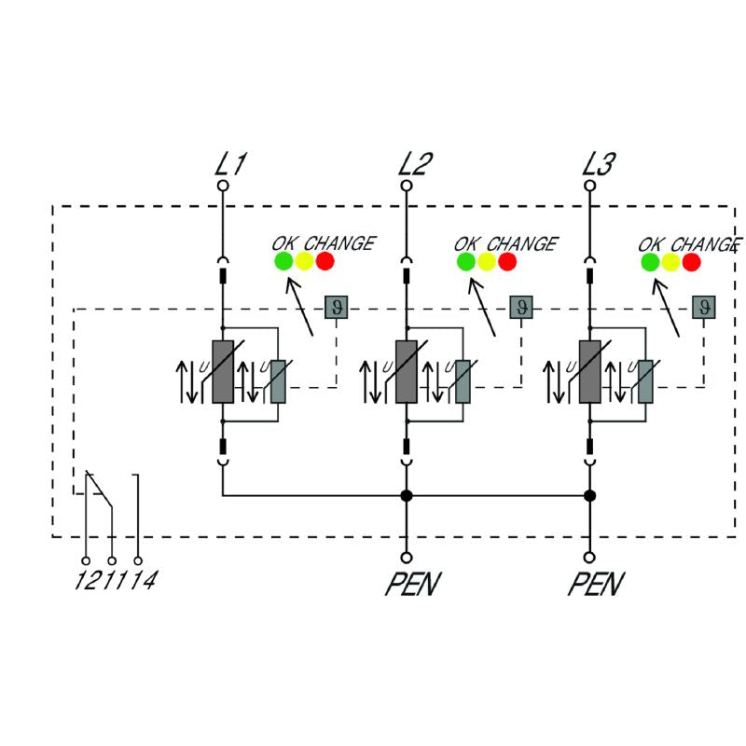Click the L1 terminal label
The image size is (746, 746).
(230, 165)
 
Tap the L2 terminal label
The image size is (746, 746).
(414, 165)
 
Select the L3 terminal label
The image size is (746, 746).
(598, 165)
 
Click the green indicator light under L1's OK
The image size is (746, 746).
(283, 261)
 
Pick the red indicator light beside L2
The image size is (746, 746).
(507, 261)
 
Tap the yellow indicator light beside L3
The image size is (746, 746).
(670, 261)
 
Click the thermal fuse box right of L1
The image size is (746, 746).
(336, 307)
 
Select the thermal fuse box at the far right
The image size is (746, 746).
(704, 307)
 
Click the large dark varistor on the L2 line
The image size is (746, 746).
(406, 371)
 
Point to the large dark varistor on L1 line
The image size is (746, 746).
(222, 371)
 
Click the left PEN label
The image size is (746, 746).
(412, 586)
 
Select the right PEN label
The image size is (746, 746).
(596, 586)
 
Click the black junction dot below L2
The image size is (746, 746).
(406, 495)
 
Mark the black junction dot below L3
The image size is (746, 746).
(589, 495)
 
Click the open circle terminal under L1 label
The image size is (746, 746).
(222, 186)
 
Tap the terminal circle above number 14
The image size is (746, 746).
(138, 561)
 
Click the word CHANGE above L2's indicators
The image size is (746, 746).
(522, 244)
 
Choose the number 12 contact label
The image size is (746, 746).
(86, 582)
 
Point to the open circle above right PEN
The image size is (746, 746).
(589, 557)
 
